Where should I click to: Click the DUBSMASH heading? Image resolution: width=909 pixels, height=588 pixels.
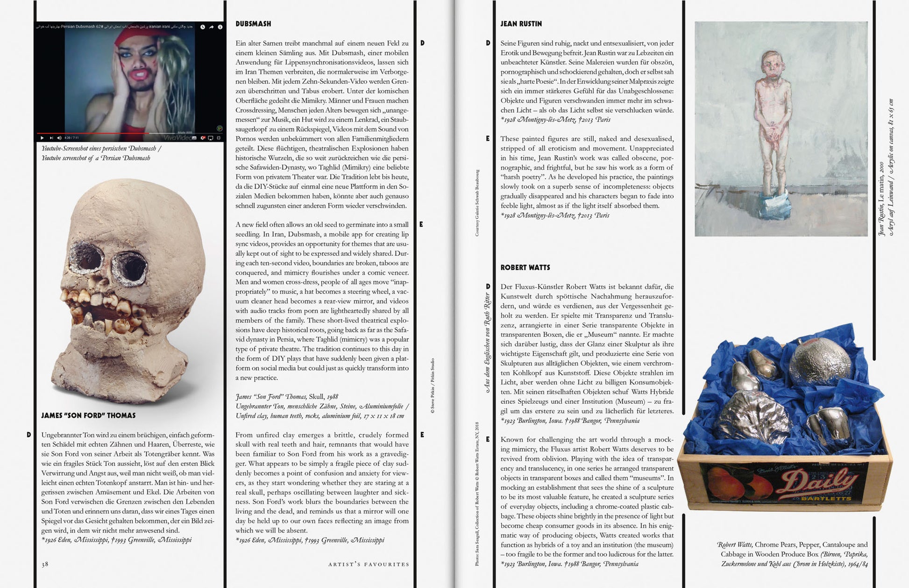coord(253,24)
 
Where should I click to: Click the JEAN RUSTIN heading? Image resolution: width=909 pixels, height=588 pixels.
coord(521,24)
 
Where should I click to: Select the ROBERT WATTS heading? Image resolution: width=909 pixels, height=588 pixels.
coord(525,267)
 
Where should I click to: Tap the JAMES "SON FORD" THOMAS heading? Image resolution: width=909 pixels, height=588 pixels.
coord(88,416)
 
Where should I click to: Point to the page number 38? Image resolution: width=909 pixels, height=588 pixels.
coord(45,564)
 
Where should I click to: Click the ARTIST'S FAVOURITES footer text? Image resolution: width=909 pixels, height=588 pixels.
coord(368,564)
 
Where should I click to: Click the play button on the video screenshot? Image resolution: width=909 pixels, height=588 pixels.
coord(42,138)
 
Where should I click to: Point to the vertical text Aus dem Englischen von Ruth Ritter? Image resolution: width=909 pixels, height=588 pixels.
coord(487,343)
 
